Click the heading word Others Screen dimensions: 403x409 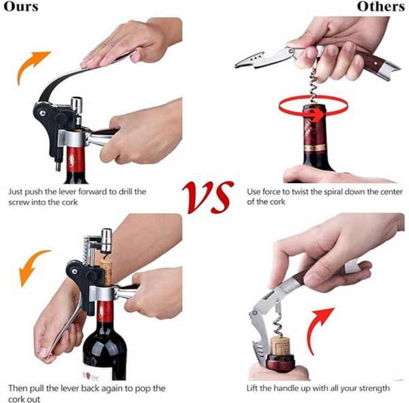click(382, 7)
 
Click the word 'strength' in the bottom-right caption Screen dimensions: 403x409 click(375, 388)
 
